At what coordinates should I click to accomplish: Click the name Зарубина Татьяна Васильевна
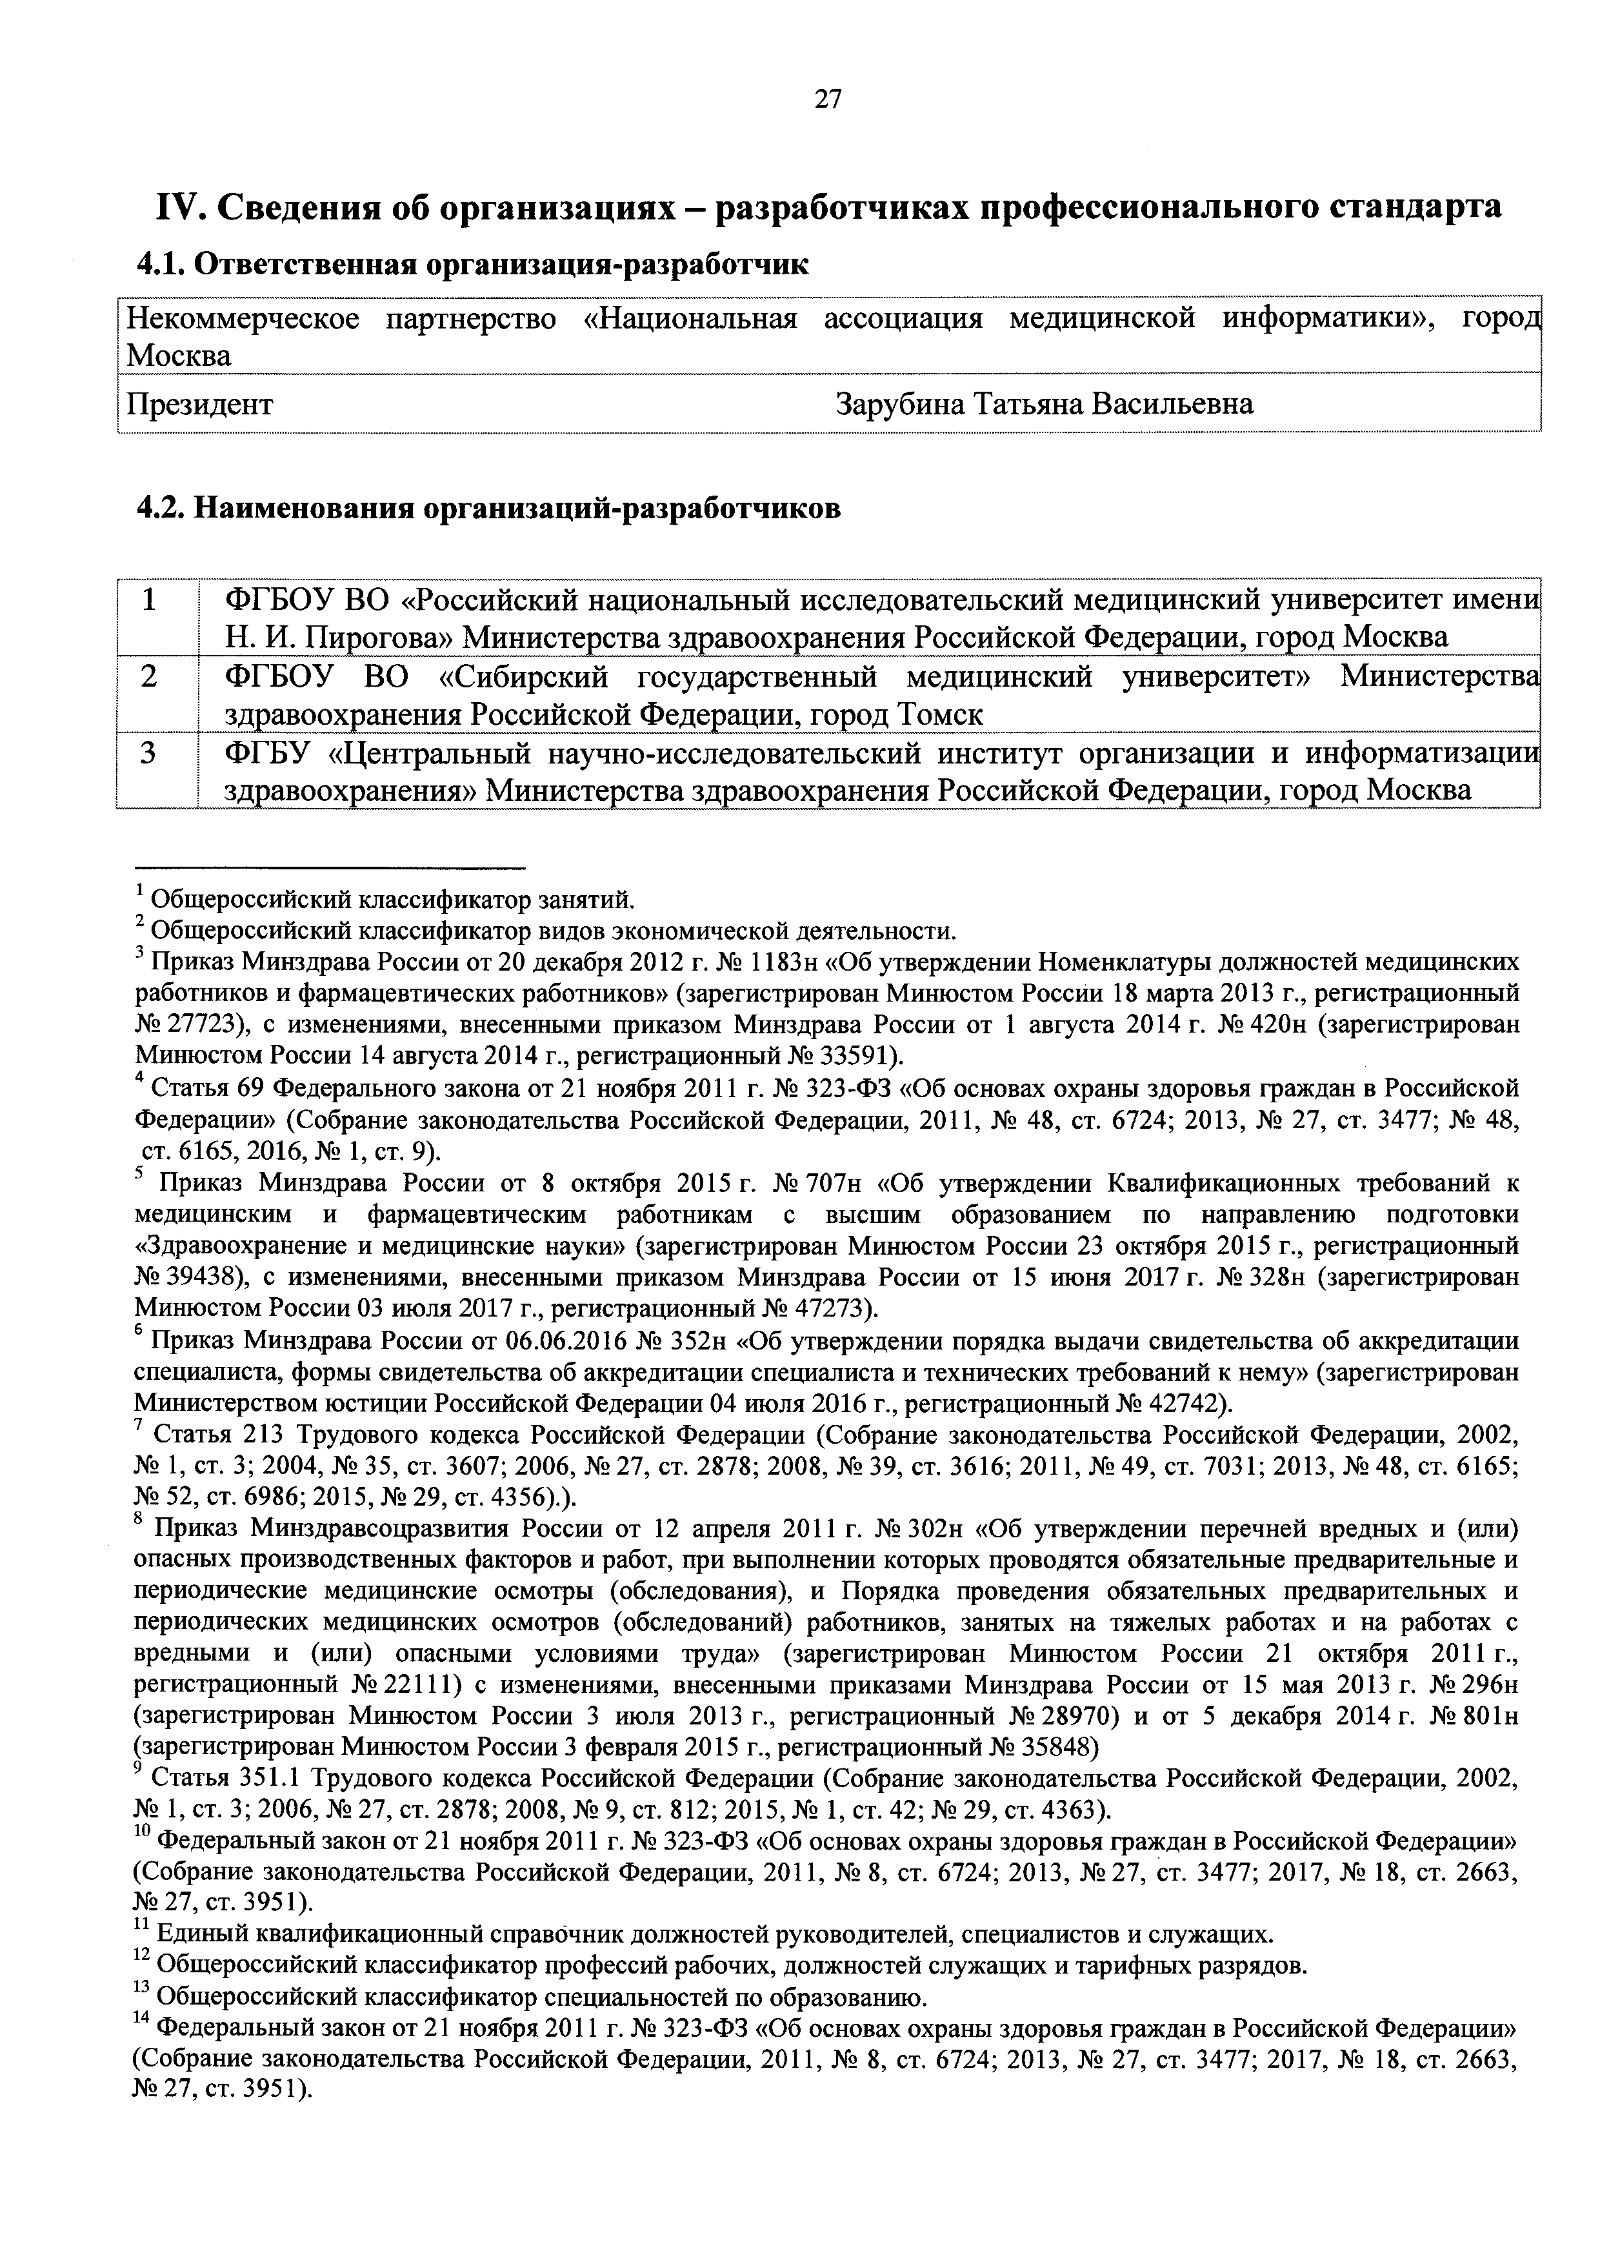(1044, 404)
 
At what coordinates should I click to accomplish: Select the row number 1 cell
(150, 598)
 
